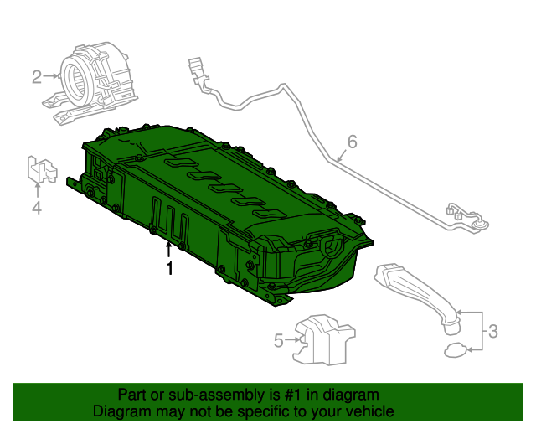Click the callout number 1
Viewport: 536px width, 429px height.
(169, 269)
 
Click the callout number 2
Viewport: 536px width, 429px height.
(37, 78)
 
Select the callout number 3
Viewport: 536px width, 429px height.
(492, 331)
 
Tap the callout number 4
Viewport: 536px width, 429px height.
(37, 207)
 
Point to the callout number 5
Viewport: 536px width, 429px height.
(278, 340)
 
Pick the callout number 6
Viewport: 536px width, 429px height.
(352, 142)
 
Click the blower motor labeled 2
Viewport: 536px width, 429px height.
(92, 80)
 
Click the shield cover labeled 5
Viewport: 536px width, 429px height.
(324, 339)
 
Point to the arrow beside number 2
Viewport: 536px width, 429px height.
(52, 77)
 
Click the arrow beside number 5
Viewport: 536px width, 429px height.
(292, 340)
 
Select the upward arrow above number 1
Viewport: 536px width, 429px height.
(169, 249)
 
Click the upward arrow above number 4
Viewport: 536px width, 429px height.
(37, 189)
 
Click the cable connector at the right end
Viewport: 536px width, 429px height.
(466, 216)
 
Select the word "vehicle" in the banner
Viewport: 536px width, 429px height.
(367, 411)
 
